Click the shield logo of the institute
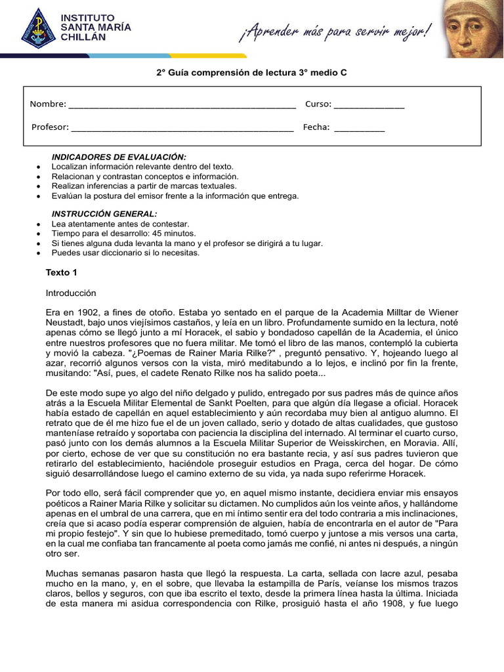click(38, 28)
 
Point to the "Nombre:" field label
click(48, 104)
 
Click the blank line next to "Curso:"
click(369, 106)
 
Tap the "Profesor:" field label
click(50, 127)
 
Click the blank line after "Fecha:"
click(359, 129)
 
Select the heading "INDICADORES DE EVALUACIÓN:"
click(119, 157)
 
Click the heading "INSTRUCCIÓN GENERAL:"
click(104, 214)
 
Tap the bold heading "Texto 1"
click(62, 272)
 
